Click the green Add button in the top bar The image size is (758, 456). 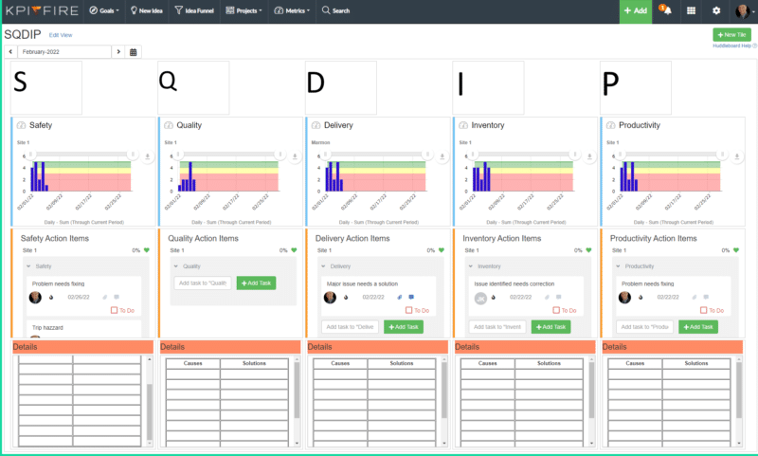[635, 10]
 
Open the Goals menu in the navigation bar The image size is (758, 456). [104, 10]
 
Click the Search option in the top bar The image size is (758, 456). [335, 10]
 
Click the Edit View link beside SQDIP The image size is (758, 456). [61, 34]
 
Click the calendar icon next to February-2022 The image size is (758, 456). [134, 51]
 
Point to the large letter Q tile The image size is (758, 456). [193, 87]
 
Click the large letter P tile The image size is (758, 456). [636, 87]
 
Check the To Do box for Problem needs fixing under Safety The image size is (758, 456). [115, 310]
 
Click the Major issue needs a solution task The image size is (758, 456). [362, 283]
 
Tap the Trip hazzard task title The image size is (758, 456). [47, 327]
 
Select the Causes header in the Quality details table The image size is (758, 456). [193, 363]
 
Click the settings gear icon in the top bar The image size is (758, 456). [716, 10]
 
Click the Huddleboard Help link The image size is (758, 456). [731, 46]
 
